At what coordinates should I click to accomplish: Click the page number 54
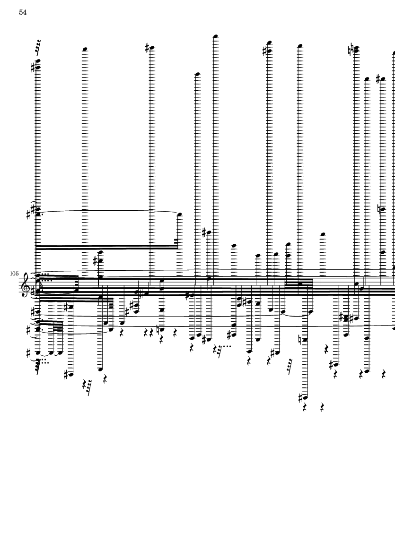pos(23,13)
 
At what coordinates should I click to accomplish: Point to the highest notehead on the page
pos(215,36)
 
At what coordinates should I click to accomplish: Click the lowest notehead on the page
pos(306,397)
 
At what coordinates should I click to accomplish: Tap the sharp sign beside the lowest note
pos(300,397)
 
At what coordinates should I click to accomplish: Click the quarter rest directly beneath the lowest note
pos(306,406)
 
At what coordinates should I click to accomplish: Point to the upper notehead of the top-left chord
pos(38,60)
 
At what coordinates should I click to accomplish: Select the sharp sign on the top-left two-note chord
pos(32,67)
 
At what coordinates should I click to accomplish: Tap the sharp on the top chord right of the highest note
pos(264,51)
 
